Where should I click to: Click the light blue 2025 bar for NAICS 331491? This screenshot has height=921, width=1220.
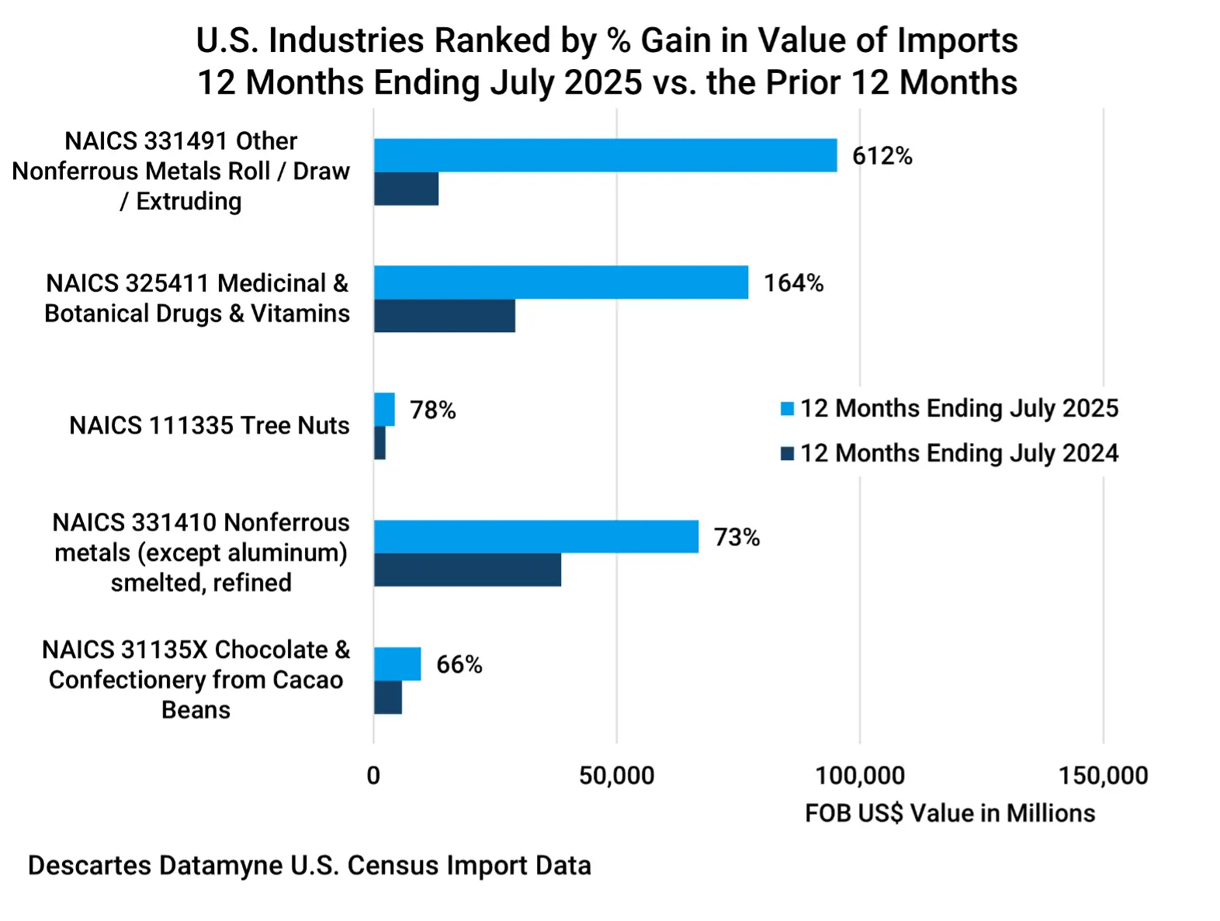605,155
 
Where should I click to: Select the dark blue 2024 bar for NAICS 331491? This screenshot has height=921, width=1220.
406,189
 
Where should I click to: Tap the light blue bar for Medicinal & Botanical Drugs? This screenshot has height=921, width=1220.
561,282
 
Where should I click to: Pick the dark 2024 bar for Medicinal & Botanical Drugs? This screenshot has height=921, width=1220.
445,316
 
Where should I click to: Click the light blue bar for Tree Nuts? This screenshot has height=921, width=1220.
384,410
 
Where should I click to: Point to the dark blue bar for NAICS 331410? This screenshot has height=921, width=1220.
467,570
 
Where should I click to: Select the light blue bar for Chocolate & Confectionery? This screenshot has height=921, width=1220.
397,664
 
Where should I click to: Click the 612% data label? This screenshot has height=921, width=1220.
882,156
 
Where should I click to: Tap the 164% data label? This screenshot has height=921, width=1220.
793,283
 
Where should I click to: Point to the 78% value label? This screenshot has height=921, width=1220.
432,410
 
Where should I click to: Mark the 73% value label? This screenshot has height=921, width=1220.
737,537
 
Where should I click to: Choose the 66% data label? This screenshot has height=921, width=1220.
459,664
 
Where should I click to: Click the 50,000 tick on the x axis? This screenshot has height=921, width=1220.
616,775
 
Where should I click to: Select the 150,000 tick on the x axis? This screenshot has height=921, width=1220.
1103,775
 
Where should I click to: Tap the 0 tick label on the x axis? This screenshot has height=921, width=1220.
373,775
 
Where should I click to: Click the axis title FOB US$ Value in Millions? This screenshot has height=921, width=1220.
950,813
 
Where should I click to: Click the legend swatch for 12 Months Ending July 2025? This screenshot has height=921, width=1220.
787,409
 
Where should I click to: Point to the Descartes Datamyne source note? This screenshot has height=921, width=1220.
310,865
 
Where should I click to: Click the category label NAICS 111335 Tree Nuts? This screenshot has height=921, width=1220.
209,425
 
